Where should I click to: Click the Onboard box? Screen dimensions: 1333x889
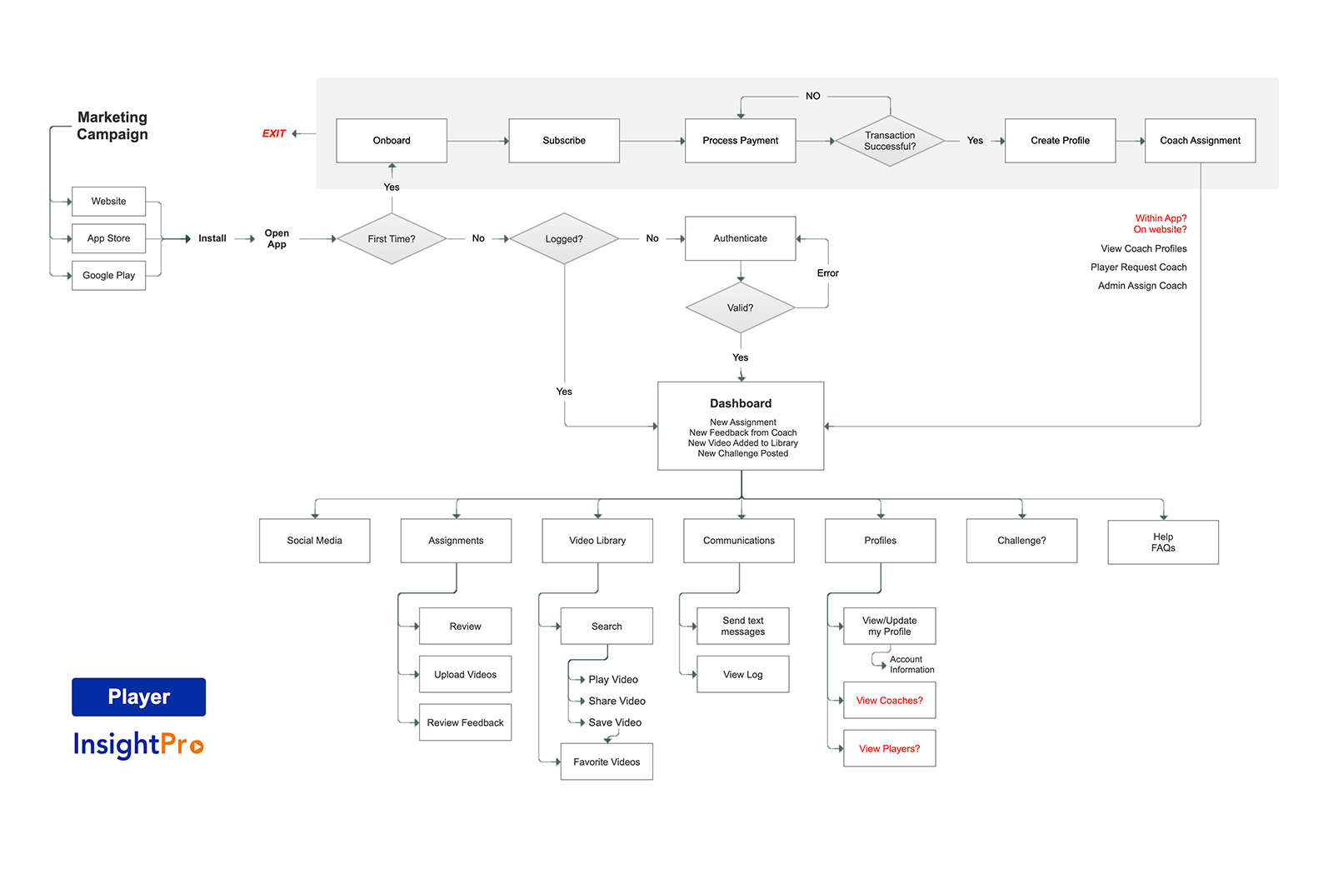click(x=392, y=141)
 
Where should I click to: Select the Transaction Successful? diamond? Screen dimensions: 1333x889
click(x=890, y=141)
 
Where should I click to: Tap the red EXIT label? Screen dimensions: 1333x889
click(x=274, y=133)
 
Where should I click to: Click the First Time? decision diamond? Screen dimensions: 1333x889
click(x=392, y=238)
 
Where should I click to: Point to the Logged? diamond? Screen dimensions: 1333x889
click(x=564, y=238)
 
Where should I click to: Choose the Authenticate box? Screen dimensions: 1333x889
click(x=741, y=238)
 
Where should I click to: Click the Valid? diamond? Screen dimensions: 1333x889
click(x=741, y=307)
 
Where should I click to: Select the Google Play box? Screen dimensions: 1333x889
click(x=109, y=276)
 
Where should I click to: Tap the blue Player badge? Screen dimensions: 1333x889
click(x=138, y=697)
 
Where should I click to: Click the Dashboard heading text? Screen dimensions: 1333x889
click(x=741, y=403)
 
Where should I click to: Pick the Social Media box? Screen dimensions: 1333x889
click(x=315, y=540)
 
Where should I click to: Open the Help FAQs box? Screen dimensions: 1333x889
click(x=1163, y=542)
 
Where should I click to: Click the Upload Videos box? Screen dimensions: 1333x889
click(x=466, y=674)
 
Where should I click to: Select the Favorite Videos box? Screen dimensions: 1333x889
click(x=607, y=762)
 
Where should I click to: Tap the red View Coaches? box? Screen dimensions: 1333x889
click(x=890, y=701)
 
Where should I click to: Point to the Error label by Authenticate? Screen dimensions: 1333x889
click(x=828, y=273)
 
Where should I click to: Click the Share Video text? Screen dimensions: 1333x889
click(x=617, y=701)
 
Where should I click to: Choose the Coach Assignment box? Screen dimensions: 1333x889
click(x=1201, y=141)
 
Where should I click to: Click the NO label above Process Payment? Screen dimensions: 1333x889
click(x=813, y=96)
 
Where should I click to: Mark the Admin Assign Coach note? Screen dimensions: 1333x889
click(x=1142, y=286)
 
